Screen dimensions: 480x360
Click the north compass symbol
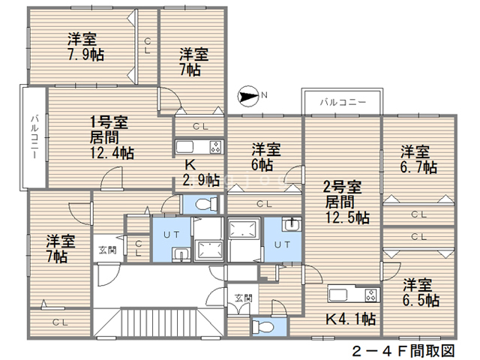[x=247, y=97]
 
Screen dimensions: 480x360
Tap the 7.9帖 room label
[x=85, y=46]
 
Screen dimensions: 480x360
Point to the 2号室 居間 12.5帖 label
[x=346, y=202]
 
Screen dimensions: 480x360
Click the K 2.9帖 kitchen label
[x=201, y=173]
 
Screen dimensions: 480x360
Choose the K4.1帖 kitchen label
[x=350, y=319]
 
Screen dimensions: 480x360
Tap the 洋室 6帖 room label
[x=265, y=157]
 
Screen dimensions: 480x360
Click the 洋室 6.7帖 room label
[x=418, y=160]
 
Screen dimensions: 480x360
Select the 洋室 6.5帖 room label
[x=421, y=292]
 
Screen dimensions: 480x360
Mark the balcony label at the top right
[x=343, y=102]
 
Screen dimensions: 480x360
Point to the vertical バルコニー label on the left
[x=34, y=136]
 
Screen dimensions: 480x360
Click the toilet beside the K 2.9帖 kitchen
[x=205, y=203]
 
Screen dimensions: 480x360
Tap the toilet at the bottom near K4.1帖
[x=262, y=327]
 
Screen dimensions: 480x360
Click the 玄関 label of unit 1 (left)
[x=107, y=250]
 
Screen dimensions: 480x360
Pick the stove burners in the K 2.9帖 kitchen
[x=216, y=147]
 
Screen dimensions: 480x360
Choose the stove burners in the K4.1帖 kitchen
[x=372, y=295]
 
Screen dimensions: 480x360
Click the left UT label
[x=172, y=235]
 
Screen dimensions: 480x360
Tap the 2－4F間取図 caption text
[x=403, y=351]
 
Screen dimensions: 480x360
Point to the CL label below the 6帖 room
[x=265, y=203]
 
